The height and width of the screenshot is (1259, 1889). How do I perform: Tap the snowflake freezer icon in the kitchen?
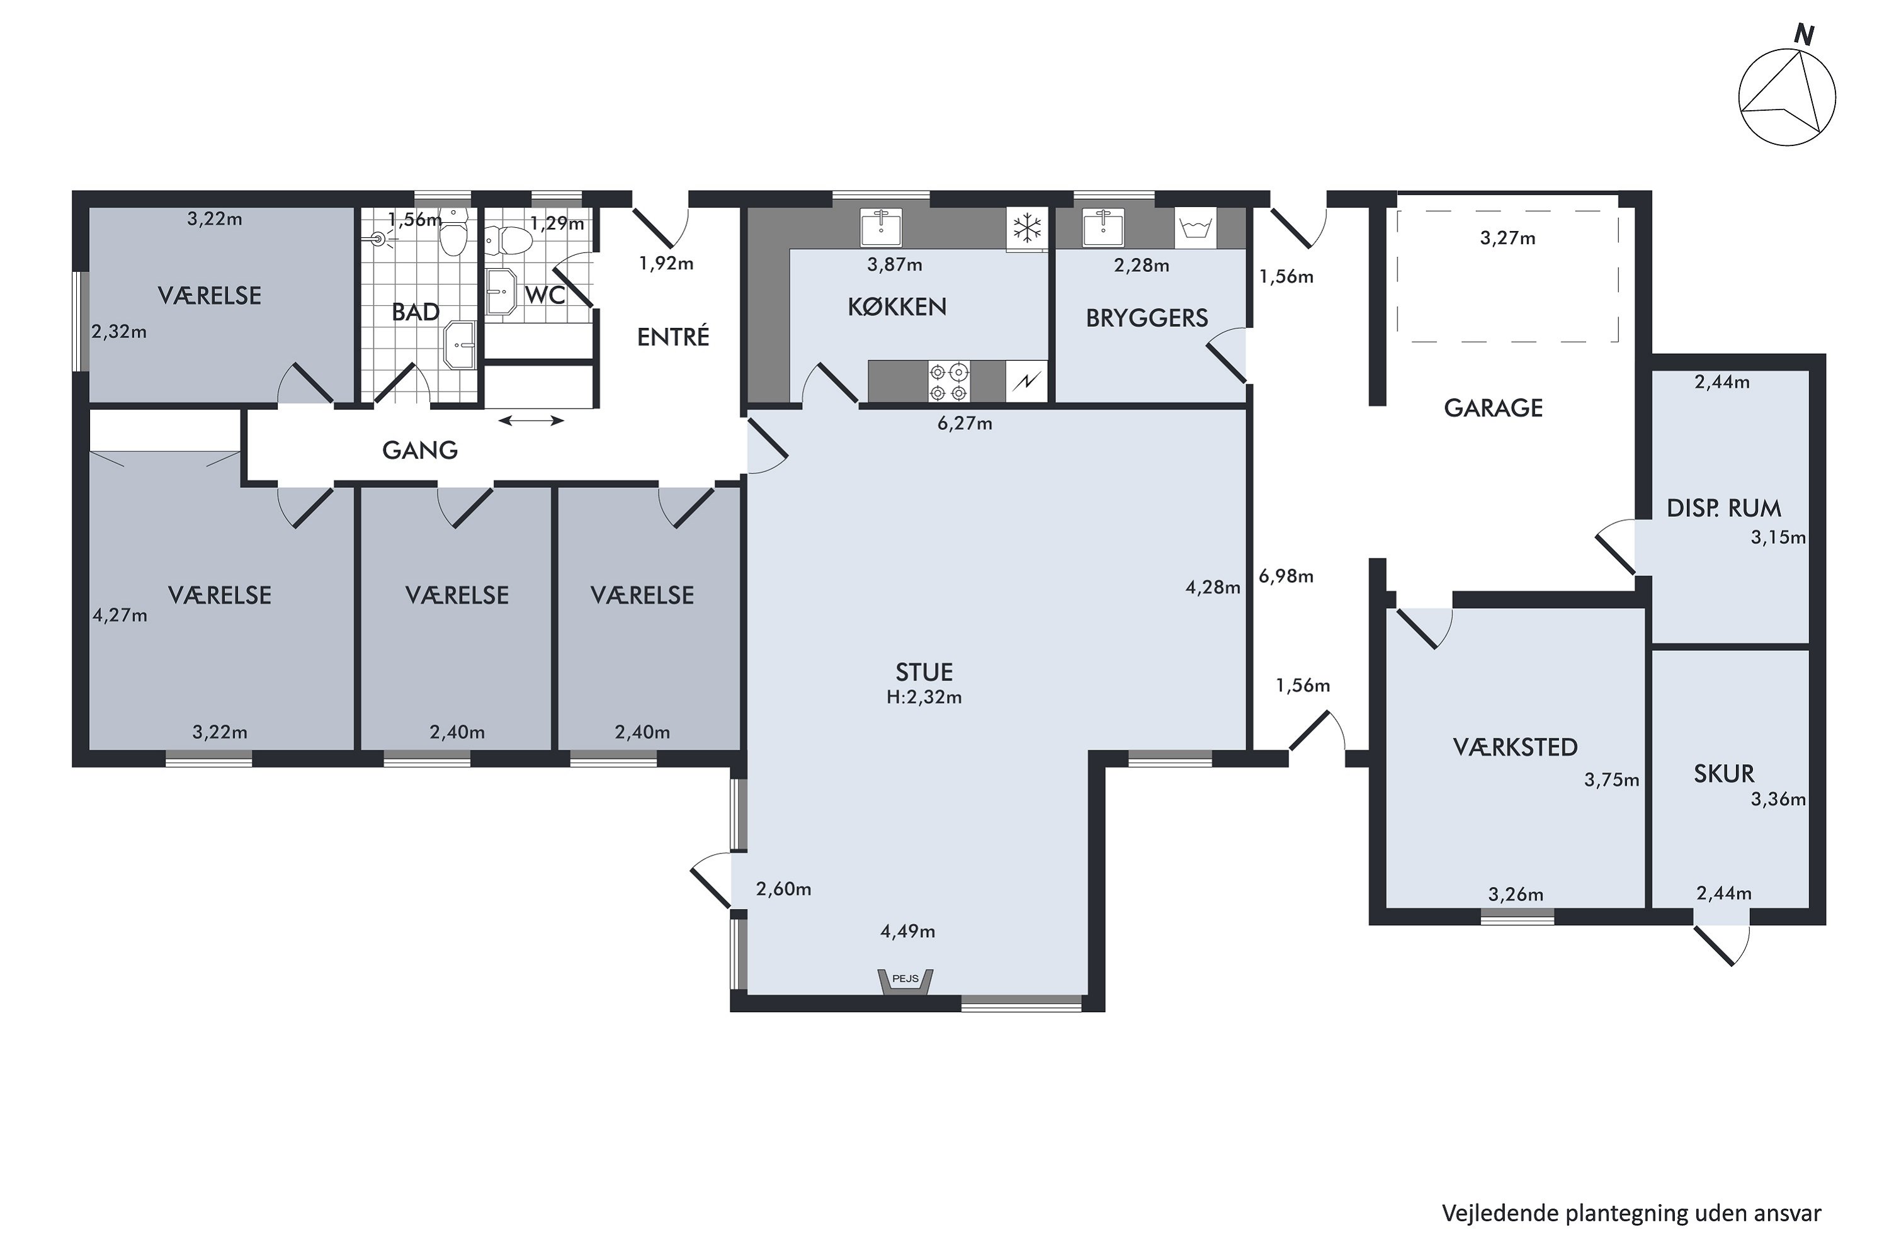pos(1027,228)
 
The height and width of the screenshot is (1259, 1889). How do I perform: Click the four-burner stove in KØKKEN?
pos(948,381)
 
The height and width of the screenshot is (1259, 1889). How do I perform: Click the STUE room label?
pos(924,672)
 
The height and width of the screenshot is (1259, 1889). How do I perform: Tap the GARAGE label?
pos(1493,408)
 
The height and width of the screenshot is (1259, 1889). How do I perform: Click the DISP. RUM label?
pos(1723,507)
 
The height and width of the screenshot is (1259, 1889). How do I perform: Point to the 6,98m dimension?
pos(1286,576)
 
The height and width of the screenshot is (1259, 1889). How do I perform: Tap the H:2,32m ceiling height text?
pos(924,697)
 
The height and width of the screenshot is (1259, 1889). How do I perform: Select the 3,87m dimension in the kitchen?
pos(895,264)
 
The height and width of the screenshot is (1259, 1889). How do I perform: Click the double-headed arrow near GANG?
pos(531,420)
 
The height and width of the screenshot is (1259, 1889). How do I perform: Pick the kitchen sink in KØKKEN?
pos(881,228)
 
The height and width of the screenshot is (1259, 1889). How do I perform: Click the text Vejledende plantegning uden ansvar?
pos(1631,1212)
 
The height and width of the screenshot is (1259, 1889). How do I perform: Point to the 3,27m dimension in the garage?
pos(1507,238)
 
